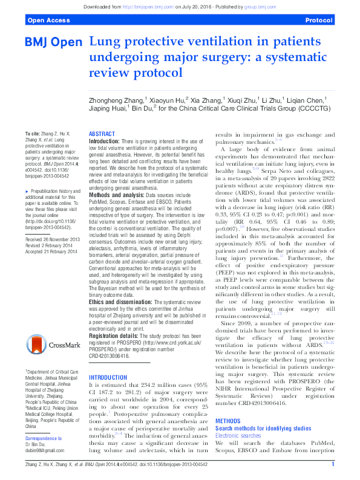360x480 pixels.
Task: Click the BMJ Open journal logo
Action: coord(53,44)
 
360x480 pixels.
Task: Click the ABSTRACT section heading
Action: coord(101,134)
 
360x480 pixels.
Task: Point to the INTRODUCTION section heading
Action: coord(108,377)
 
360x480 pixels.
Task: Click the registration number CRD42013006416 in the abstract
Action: coord(110,357)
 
